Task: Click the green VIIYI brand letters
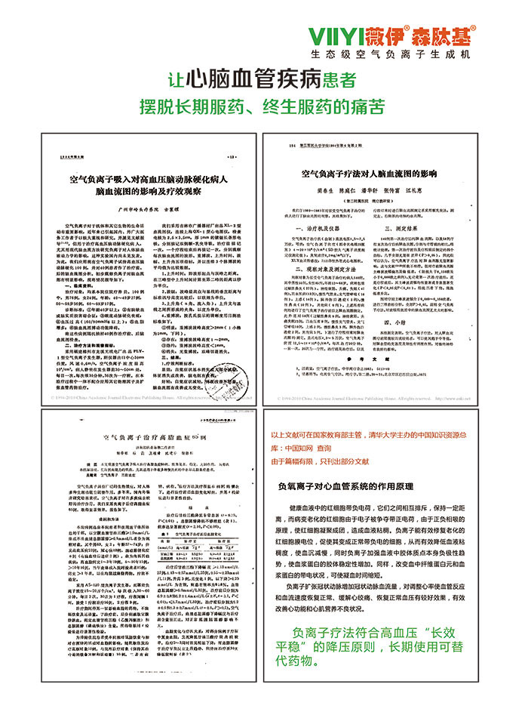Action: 346,35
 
